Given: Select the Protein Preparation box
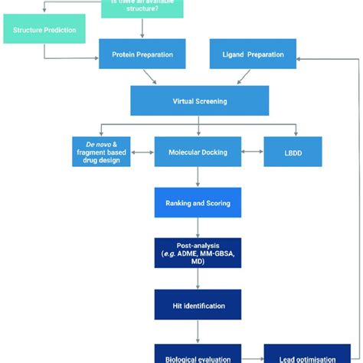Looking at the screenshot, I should pyautogui.click(x=142, y=55).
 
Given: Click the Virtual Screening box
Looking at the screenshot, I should pyautogui.click(x=198, y=100).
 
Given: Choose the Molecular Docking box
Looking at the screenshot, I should pyautogui.click(x=198, y=151).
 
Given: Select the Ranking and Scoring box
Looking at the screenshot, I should pyautogui.click(x=198, y=203).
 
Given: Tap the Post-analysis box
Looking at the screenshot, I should pyautogui.click(x=198, y=253).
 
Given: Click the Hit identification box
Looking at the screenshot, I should pyautogui.click(x=198, y=305).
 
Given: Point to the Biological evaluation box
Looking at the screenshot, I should pyautogui.click(x=198, y=355).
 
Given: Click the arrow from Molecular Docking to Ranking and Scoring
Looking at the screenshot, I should pyautogui.click(x=198, y=176).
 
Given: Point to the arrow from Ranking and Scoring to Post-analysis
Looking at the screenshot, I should pyautogui.click(x=198, y=227).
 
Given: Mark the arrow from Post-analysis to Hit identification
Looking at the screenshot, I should pyautogui.click(x=198, y=278).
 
